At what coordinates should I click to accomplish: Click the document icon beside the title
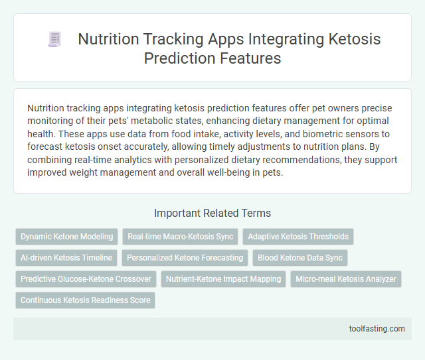pyautogui.click(x=54, y=40)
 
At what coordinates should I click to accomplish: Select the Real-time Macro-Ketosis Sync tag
pyautogui.click(x=181, y=237)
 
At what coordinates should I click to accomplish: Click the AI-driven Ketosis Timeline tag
pyautogui.click(x=66, y=258)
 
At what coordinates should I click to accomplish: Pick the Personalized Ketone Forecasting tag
pyautogui.click(x=185, y=258)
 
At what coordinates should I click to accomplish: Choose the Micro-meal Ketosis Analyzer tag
pyautogui.click(x=346, y=279)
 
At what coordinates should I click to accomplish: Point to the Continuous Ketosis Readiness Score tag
pyautogui.click(x=86, y=300)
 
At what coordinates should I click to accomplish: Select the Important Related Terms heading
pyautogui.click(x=212, y=213)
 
